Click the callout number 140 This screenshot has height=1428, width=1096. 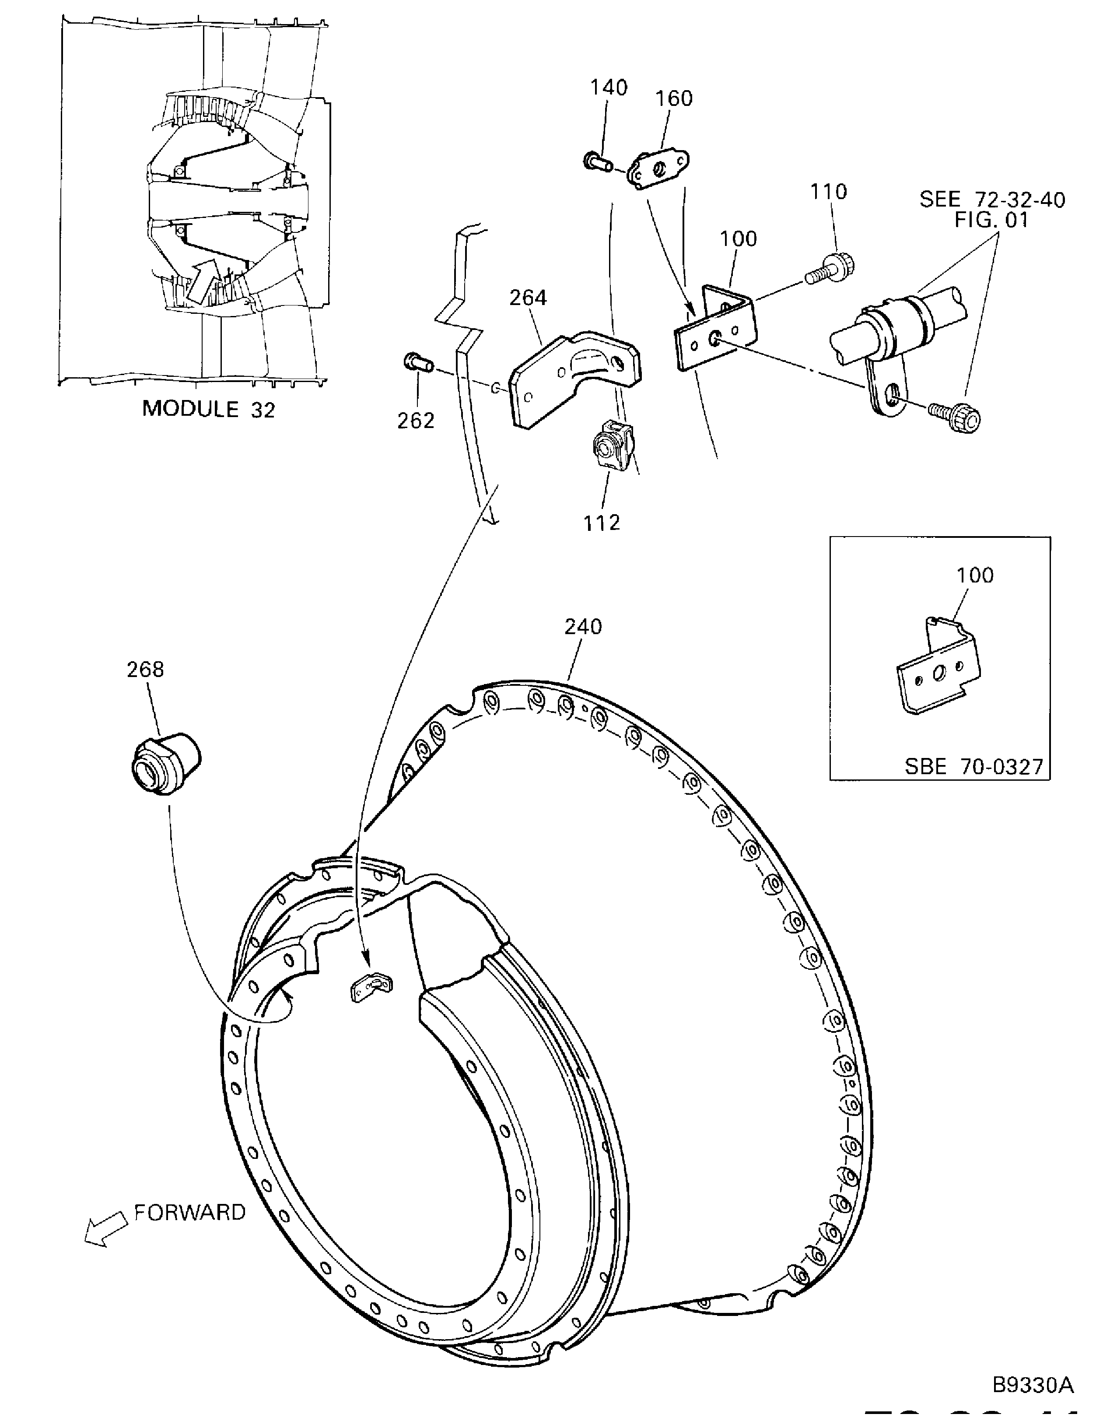(609, 88)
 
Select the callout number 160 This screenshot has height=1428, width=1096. (673, 98)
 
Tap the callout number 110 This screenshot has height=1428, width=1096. (829, 192)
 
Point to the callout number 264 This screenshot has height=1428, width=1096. (528, 298)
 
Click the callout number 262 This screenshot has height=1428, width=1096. (416, 421)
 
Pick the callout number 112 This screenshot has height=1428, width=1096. (602, 523)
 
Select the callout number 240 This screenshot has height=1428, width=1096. (583, 627)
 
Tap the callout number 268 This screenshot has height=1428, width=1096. (146, 669)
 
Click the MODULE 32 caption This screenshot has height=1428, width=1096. (208, 409)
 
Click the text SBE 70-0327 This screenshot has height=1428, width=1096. (974, 766)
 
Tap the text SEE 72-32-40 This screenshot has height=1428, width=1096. (991, 200)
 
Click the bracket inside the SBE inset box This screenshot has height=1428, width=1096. (939, 673)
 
